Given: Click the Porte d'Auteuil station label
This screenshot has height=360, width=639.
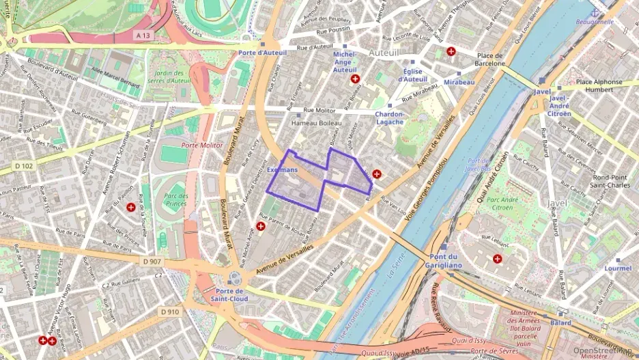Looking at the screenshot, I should click(x=261, y=53).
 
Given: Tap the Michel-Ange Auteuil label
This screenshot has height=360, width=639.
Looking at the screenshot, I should click(x=345, y=61).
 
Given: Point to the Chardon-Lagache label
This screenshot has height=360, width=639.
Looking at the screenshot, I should click(x=390, y=118).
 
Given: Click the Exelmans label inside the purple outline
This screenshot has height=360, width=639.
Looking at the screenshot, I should click(x=283, y=169).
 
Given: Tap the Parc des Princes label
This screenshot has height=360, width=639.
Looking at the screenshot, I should click(x=175, y=199).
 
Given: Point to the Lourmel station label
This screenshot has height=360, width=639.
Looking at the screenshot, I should click(x=618, y=268).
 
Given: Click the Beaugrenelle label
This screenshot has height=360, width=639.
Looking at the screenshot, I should click(x=595, y=21).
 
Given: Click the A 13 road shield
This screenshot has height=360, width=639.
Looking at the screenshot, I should click(x=143, y=34).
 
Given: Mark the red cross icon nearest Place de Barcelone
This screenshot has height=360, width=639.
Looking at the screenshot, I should click(x=451, y=51).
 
